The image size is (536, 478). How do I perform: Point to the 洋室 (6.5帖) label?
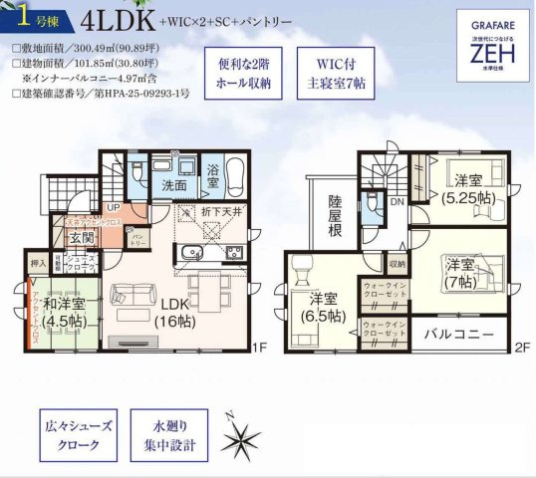(x=322, y=306)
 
